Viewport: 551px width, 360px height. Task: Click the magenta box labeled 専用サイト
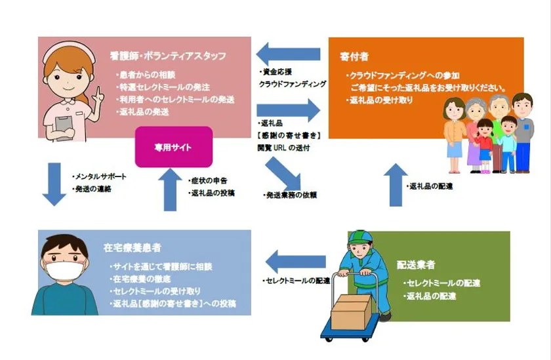tap(174, 147)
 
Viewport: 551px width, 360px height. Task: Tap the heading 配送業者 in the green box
tap(416, 266)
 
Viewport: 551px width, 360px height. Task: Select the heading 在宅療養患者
tap(132, 249)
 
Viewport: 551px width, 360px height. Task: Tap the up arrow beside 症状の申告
tap(169, 190)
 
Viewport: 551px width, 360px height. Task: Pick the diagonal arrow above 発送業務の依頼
tap(283, 173)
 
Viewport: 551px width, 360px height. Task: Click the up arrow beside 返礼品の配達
tap(394, 186)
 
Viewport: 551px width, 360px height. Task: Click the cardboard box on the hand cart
tap(350, 312)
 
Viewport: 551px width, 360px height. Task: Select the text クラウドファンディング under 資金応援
tap(293, 84)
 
